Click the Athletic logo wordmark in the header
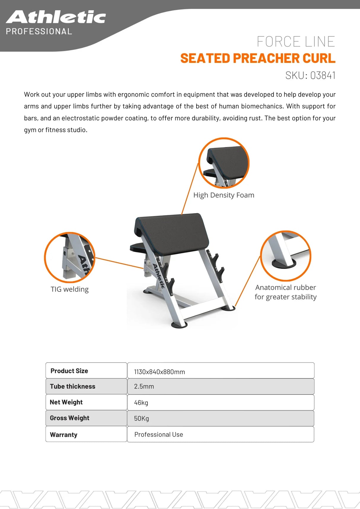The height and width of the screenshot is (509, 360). click(x=56, y=17)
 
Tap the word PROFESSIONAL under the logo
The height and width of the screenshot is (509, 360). click(x=39, y=31)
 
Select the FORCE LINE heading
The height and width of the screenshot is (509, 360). click(x=296, y=42)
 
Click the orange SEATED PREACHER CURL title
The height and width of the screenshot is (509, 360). click(x=258, y=58)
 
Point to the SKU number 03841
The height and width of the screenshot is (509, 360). click(x=323, y=75)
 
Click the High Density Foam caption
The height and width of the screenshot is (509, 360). click(x=224, y=195)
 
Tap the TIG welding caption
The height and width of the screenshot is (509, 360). click(x=69, y=289)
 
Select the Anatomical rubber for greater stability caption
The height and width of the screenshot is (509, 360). click(x=286, y=292)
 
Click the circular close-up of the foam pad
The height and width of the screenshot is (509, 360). click(x=224, y=163)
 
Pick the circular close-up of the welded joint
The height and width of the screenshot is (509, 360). click(x=70, y=257)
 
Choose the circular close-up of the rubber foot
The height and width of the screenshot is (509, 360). click(x=286, y=256)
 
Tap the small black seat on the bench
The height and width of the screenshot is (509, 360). click(x=138, y=247)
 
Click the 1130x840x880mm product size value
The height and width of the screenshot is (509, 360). click(x=159, y=372)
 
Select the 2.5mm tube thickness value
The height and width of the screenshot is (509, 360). click(x=144, y=387)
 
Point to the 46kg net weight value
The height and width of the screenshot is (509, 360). click(x=141, y=403)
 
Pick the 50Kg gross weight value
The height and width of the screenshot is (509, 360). click(x=141, y=419)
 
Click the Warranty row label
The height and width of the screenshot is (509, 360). click(x=63, y=435)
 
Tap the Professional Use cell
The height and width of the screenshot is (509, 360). click(x=159, y=435)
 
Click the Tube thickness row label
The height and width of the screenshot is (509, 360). click(x=73, y=387)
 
